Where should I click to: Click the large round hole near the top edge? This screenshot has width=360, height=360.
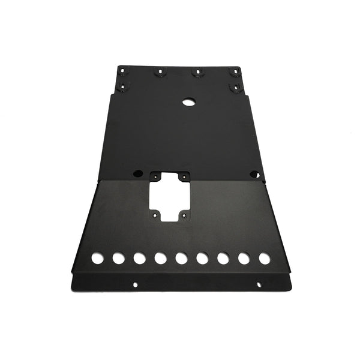pyautogui.click(x=188, y=102)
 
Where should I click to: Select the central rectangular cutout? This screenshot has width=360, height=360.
pyautogui.click(x=170, y=197)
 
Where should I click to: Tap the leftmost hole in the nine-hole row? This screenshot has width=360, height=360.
pyautogui.click(x=97, y=259)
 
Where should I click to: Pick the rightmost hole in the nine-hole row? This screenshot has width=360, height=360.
pyautogui.click(x=264, y=258)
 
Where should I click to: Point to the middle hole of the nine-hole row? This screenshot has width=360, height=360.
pyautogui.click(x=181, y=258)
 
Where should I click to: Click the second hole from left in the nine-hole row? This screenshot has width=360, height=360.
pyautogui.click(x=118, y=259)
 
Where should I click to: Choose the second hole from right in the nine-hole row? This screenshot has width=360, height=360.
pyautogui.click(x=244, y=258)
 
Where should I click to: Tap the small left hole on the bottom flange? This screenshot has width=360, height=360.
pyautogui.click(x=136, y=284)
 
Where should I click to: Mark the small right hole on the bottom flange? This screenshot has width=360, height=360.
pyautogui.click(x=259, y=284)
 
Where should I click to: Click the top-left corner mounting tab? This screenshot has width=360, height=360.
pyautogui.click(x=124, y=71)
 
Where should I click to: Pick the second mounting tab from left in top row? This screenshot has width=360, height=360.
pyautogui.click(x=160, y=72)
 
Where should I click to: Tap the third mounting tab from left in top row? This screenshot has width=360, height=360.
pyautogui.click(x=196, y=72)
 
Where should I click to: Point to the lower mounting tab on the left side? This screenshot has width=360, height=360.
pyautogui.click(x=124, y=88)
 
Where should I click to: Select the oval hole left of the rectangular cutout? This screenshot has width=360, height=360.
pyautogui.click(x=138, y=173)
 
